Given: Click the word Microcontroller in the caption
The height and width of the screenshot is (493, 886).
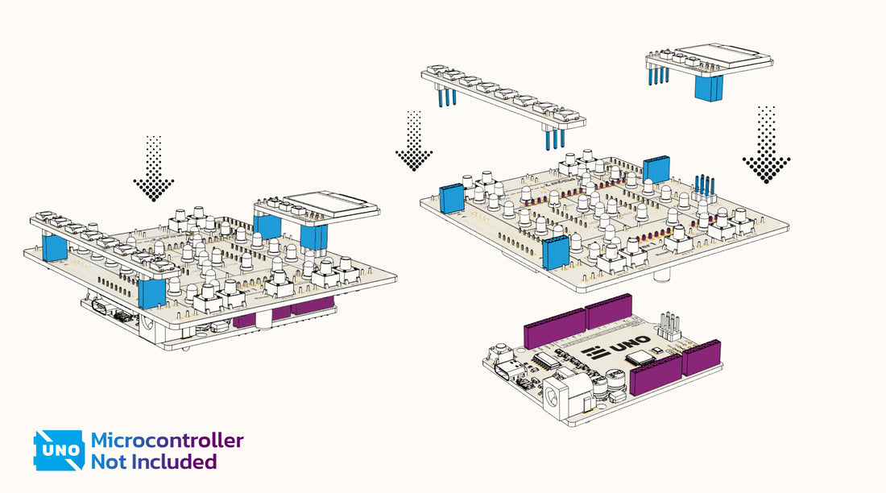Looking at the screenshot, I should (167, 441).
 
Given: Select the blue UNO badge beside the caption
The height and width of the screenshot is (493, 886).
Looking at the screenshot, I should (58, 450).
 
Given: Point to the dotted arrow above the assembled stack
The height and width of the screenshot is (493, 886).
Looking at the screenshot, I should (153, 169).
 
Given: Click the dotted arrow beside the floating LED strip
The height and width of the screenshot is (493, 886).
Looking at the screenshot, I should (414, 142).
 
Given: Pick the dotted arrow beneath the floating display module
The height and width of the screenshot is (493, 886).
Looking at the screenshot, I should (766, 146).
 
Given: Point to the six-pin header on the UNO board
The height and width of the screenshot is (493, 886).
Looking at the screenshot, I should (668, 325).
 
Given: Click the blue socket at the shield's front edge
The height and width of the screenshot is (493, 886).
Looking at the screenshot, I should (556, 253).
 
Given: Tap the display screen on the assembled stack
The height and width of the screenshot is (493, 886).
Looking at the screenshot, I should (332, 201).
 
